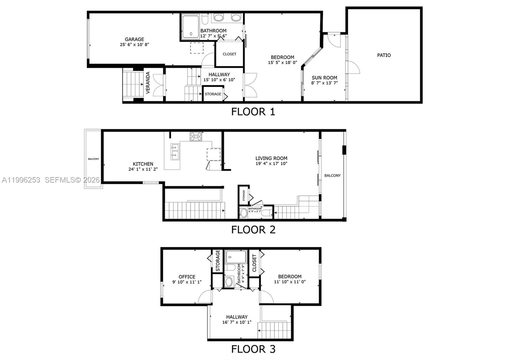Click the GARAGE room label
pos(134,40)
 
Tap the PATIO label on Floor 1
pos(384,55)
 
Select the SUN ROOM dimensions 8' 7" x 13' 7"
pos(324,83)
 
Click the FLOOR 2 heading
pos(253,229)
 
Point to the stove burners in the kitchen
pos(196,136)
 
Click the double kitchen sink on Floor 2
pos(175,152)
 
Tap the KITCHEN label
pos(143,164)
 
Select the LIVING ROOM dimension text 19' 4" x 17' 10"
pos(271,163)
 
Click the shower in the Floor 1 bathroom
pos(190,27)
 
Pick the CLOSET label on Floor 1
pos(229,54)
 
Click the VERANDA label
pos(148,83)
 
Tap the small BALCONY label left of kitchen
pos(93,159)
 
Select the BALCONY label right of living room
pos(332,176)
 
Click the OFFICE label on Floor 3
pos(187,277)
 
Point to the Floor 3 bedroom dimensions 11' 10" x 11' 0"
pos(290,282)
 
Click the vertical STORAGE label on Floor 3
pos(218,261)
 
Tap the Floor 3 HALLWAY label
pos(237,317)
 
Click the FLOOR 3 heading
pos(253,349)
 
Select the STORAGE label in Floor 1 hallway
pos(213,94)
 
